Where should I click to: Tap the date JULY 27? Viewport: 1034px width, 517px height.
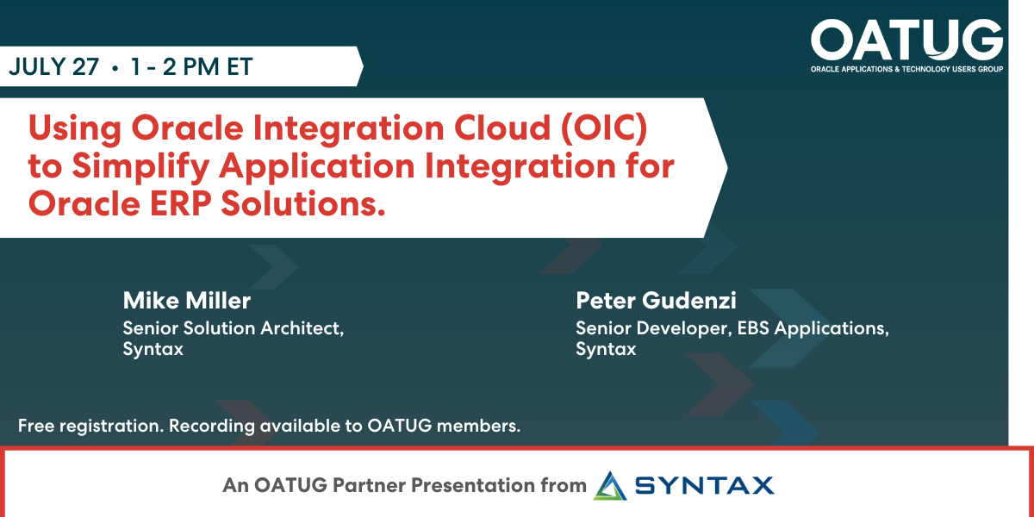click(53, 67)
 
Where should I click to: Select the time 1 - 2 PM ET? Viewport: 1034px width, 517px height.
click(192, 67)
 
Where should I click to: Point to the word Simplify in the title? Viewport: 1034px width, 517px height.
click(139, 166)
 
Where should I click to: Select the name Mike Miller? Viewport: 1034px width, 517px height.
click(186, 301)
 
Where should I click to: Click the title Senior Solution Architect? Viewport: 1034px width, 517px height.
click(234, 328)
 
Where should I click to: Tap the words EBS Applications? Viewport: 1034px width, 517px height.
click(808, 328)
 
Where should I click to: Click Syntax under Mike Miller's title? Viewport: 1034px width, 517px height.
click(153, 350)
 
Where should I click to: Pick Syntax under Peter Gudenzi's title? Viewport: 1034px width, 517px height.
click(606, 350)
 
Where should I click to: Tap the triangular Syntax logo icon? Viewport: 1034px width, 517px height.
click(611, 485)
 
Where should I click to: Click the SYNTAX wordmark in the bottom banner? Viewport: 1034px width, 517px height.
click(704, 486)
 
